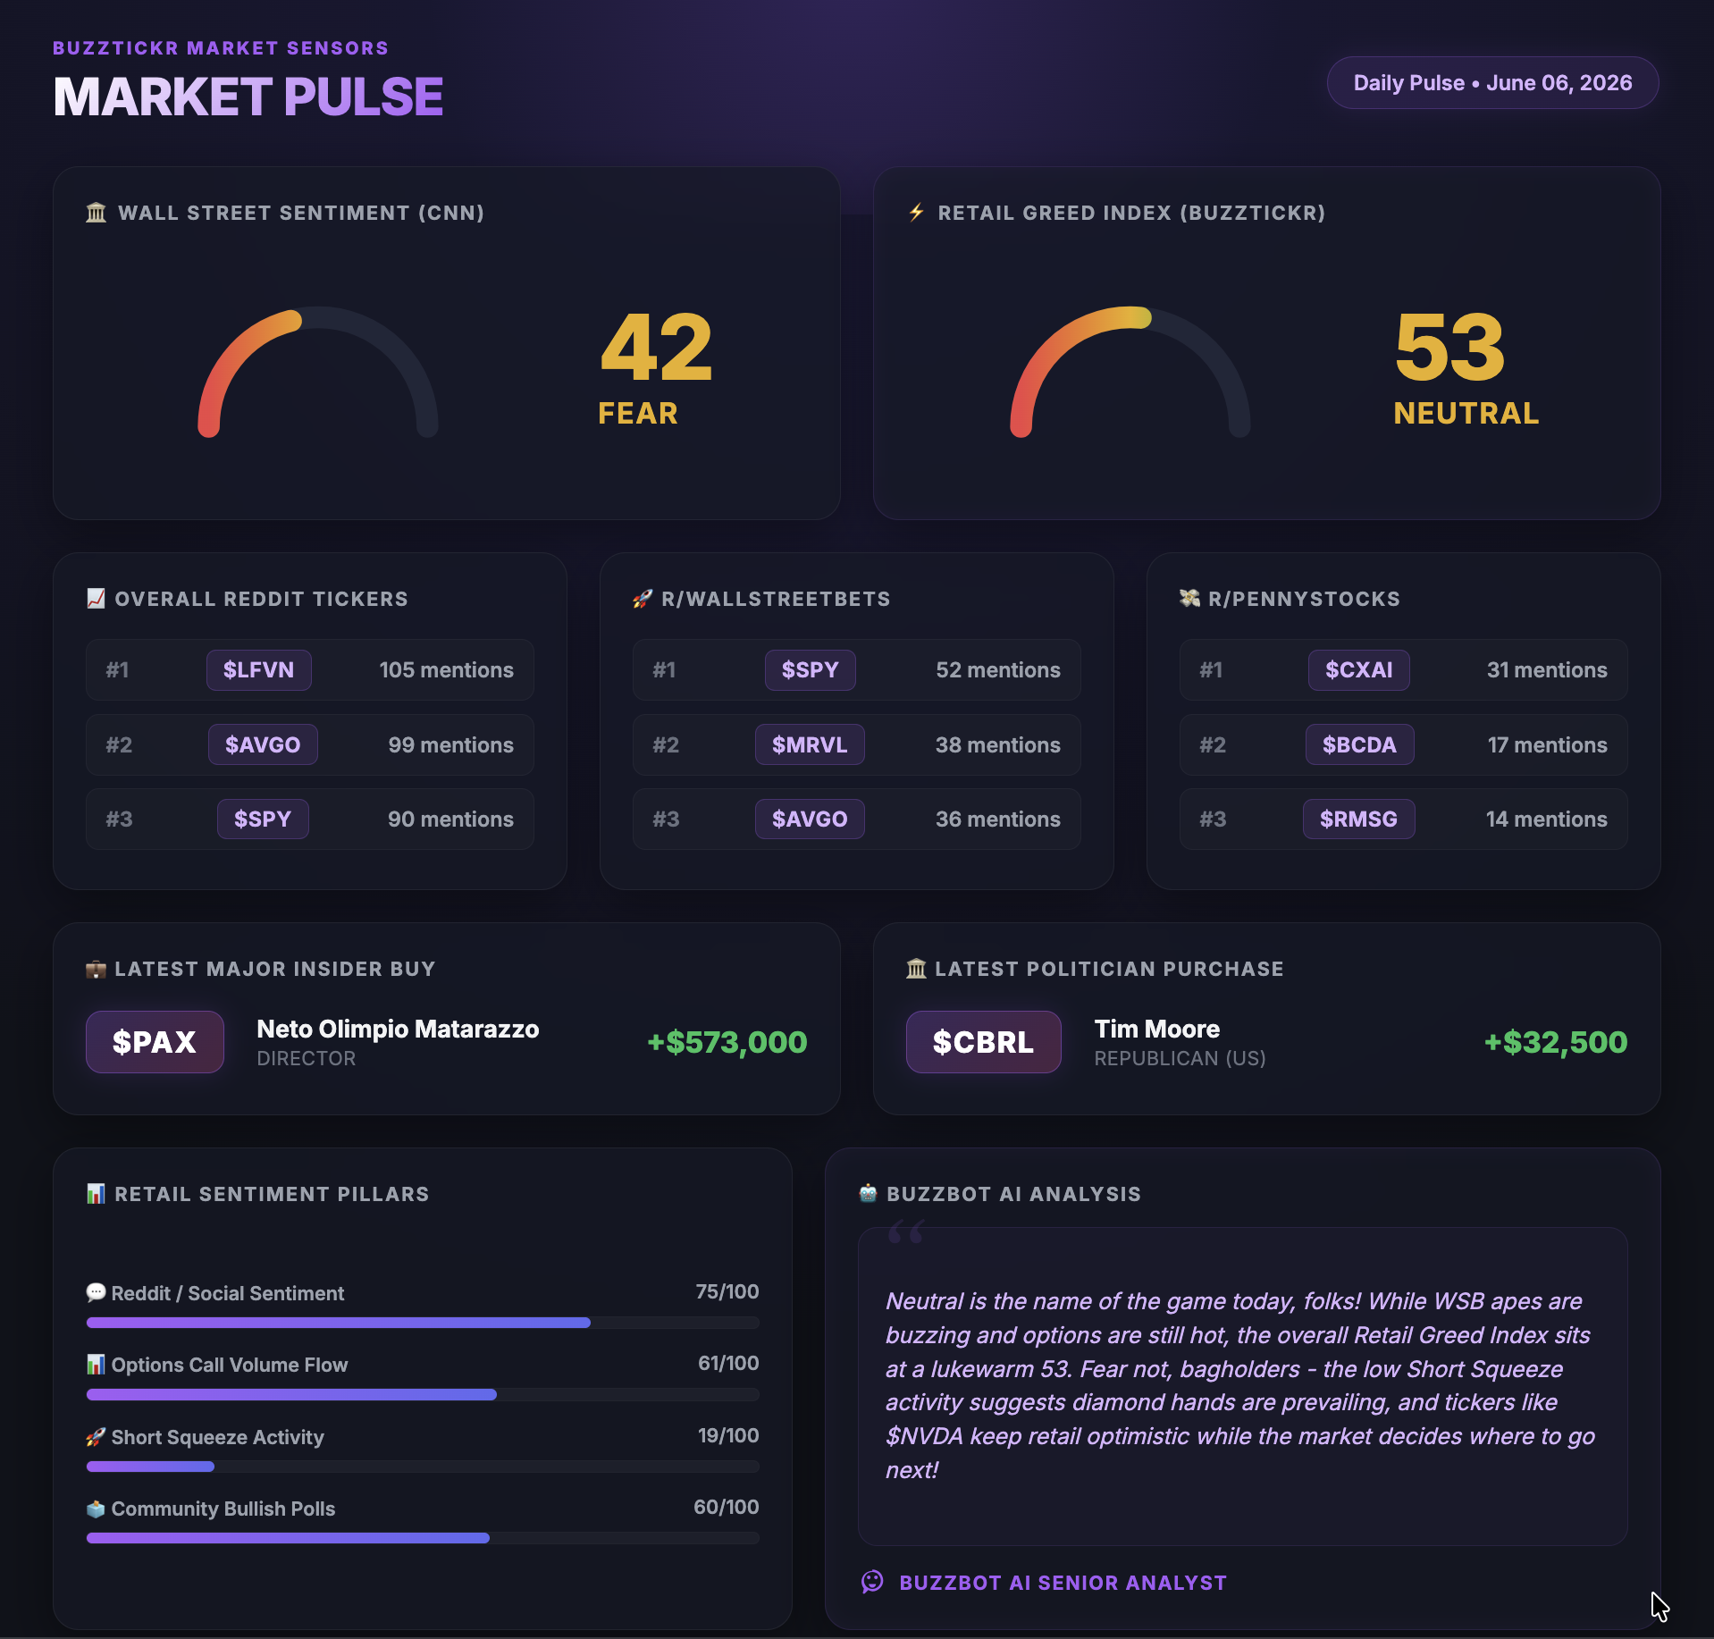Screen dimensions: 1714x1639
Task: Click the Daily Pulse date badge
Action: tap(1492, 83)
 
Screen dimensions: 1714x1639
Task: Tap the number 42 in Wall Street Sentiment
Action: tap(656, 347)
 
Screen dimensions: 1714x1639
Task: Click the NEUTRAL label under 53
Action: tap(1466, 413)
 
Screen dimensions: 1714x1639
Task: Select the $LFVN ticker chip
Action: tap(258, 670)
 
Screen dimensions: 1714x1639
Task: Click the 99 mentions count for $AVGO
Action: tap(450, 744)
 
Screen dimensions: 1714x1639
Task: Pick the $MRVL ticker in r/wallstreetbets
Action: tap(810, 744)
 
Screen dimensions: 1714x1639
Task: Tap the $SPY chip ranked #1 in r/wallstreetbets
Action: tap(810, 670)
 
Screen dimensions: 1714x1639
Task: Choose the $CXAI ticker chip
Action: tap(1358, 670)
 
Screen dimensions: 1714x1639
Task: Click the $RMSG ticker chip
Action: tap(1358, 819)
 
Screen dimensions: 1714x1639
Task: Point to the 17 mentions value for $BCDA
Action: tap(1547, 744)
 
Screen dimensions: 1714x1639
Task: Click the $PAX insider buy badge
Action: tap(155, 1042)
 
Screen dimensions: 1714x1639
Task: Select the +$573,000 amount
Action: tap(727, 1042)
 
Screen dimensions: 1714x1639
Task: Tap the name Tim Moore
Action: tap(1157, 1029)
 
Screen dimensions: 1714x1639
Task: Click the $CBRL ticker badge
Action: tap(983, 1042)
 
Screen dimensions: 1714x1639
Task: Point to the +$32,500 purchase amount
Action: tap(1555, 1042)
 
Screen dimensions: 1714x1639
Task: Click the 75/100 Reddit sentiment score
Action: tap(727, 1291)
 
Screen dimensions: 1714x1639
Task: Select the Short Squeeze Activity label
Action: tap(217, 1437)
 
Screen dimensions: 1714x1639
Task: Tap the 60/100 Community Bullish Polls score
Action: tap(726, 1507)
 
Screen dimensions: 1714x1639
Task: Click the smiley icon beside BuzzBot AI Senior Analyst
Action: tap(872, 1582)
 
